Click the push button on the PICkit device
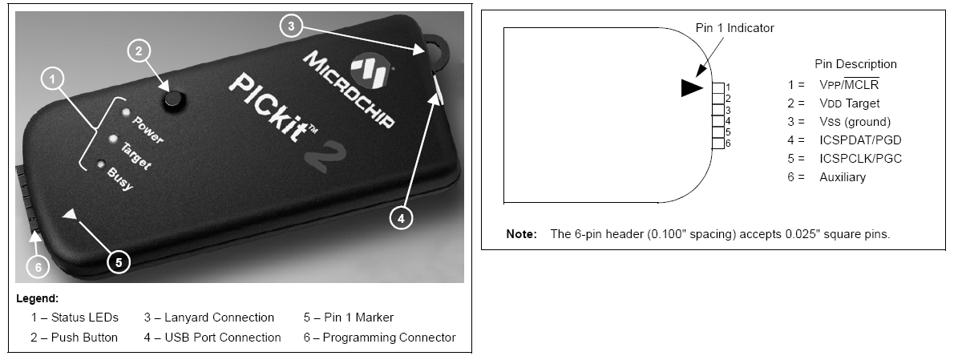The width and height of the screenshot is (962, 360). point(173,99)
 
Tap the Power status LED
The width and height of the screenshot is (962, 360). point(126,112)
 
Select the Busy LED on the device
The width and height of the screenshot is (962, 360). point(101,164)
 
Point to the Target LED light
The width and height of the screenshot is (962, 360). point(113,139)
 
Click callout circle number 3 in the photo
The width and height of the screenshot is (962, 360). point(291,26)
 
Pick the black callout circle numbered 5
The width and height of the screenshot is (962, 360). point(119,262)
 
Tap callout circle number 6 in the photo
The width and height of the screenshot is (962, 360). point(38,267)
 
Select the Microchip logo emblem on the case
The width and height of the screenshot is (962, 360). point(371,70)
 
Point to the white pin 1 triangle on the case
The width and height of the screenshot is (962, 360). point(70,214)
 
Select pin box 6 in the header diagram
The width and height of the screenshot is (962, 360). point(718,144)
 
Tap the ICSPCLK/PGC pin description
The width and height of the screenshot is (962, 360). point(860,159)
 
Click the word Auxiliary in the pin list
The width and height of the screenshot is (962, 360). point(843,177)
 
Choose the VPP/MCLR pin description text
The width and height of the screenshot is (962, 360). point(849,85)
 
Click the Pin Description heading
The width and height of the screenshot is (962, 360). point(855,64)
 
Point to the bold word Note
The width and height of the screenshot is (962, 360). point(521,234)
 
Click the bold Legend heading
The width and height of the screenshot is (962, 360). point(38,298)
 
